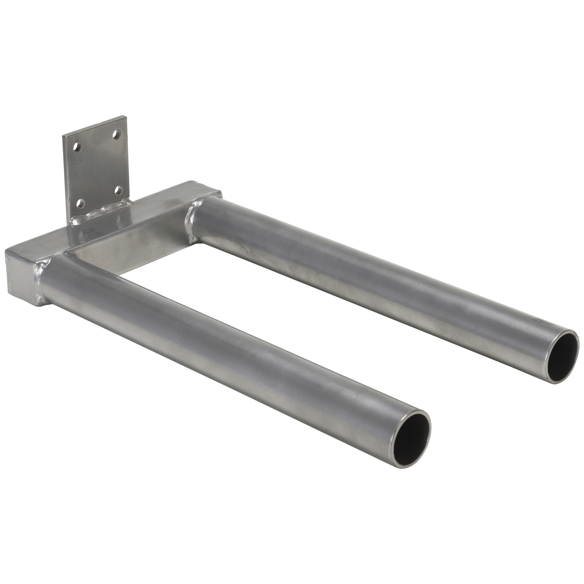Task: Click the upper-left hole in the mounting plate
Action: [77, 148]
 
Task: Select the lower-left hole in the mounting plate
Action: [80, 204]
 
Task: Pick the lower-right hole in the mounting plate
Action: [119, 190]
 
